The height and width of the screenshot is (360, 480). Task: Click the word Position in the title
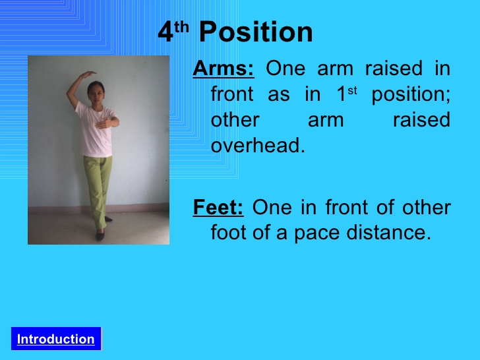[256, 32]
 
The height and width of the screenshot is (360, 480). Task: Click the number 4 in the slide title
[165, 32]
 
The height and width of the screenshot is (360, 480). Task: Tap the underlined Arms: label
[223, 69]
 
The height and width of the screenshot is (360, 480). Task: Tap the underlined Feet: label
[218, 208]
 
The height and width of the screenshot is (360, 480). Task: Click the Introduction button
[56, 339]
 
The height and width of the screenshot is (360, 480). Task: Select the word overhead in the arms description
[258, 145]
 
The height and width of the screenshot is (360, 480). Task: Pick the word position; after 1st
[411, 94]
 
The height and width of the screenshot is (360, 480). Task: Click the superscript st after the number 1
[352, 90]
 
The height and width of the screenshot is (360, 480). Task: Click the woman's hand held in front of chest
[102, 123]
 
